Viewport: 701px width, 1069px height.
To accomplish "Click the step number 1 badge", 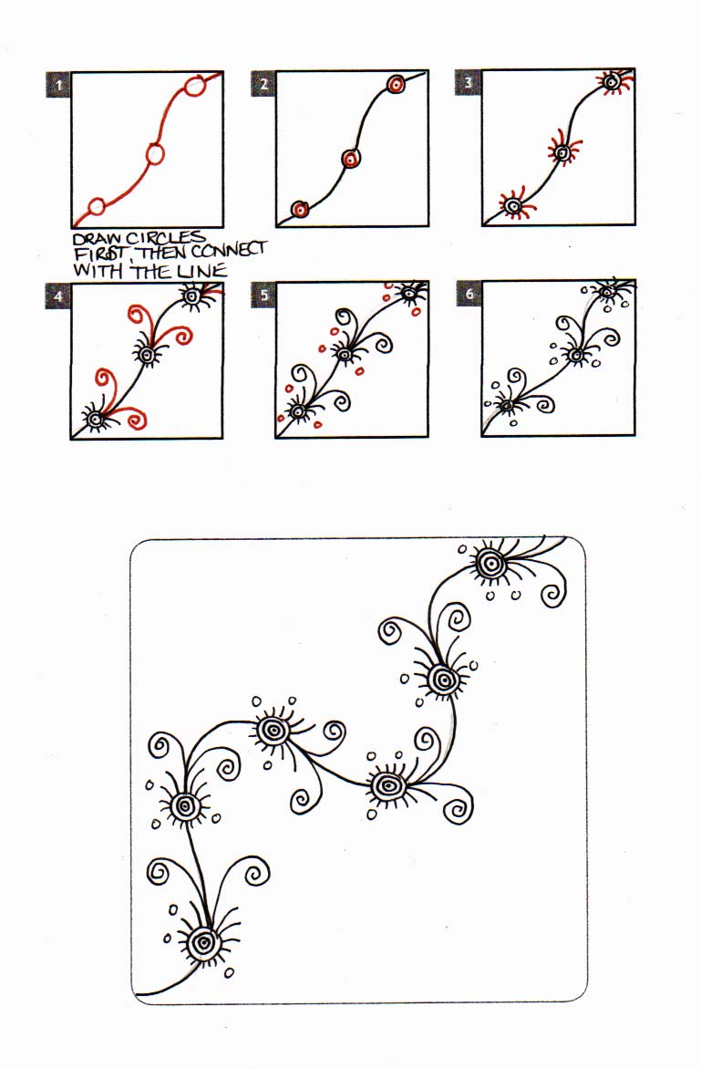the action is pyautogui.click(x=58, y=85).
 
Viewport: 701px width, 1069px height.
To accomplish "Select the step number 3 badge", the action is pyautogui.click(x=468, y=82).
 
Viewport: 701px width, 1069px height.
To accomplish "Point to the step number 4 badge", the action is pyautogui.click(x=58, y=296).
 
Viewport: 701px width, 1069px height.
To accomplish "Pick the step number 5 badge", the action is pyautogui.click(x=263, y=295).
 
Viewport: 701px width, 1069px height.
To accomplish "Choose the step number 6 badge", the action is pyautogui.click(x=469, y=294).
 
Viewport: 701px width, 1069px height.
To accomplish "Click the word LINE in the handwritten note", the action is pyautogui.click(x=202, y=271).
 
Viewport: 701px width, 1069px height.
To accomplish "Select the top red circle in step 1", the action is pyautogui.click(x=195, y=86).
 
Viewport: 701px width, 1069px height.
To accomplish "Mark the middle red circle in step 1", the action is pyautogui.click(x=155, y=155).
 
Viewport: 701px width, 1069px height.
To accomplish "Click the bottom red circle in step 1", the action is pyautogui.click(x=97, y=206).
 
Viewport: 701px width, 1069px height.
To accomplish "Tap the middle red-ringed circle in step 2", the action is pyautogui.click(x=351, y=159).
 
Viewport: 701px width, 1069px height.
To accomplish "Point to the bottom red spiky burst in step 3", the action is pyautogui.click(x=515, y=203).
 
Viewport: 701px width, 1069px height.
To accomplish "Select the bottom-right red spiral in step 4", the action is pyautogui.click(x=133, y=417).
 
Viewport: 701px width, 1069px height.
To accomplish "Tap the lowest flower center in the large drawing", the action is pyautogui.click(x=203, y=943).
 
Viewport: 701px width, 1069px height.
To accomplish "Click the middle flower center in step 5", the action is pyautogui.click(x=344, y=354).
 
